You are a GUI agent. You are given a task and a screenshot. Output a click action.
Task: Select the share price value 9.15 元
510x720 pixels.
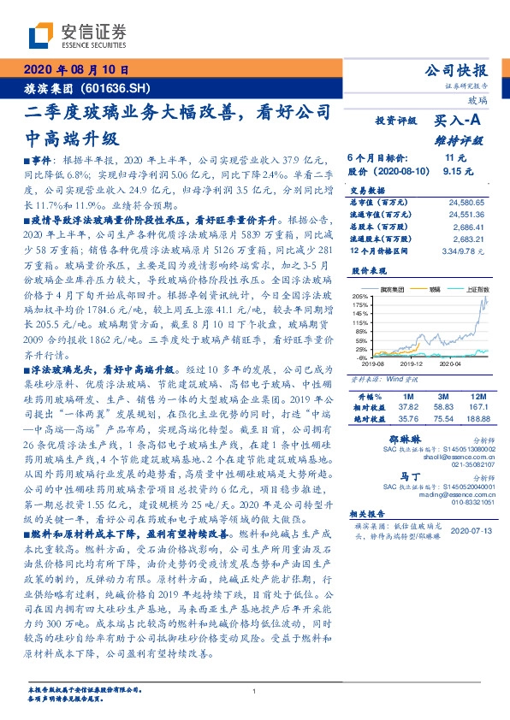pyautogui.click(x=454, y=171)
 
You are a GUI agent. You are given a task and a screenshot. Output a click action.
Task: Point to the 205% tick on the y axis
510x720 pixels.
pyautogui.click(x=359, y=296)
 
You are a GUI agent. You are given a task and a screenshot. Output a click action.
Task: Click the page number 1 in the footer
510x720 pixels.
pyautogui.click(x=254, y=693)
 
